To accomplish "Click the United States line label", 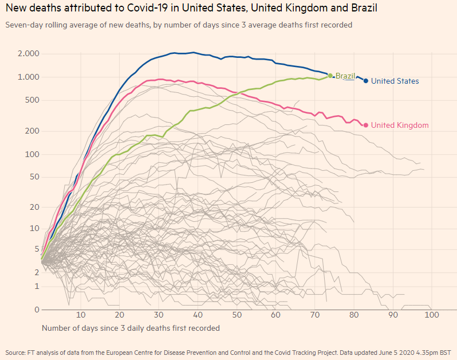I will coord(395,81).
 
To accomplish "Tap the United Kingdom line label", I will coord(400,125).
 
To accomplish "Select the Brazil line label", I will coord(345,76).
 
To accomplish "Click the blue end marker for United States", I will coord(365,81).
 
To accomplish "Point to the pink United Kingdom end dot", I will coord(366,124).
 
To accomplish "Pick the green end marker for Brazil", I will coord(330,75).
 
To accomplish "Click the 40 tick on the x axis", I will coord(198,315).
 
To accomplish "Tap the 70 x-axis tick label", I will coord(314,315).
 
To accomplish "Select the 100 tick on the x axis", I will coord(431,315).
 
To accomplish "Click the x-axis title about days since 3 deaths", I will coord(131,328).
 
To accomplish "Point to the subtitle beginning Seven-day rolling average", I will coord(178,25).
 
